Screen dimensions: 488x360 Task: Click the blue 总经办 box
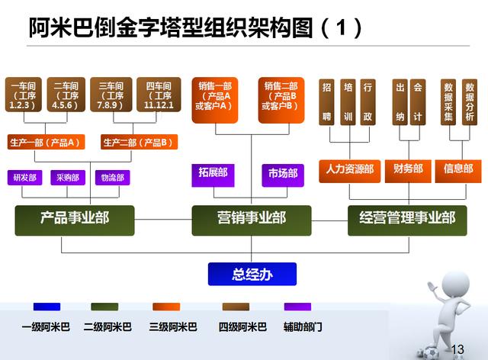(252, 274)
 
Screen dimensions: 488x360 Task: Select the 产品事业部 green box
(75, 220)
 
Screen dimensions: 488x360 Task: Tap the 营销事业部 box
(252, 220)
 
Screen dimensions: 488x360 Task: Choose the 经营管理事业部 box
(407, 220)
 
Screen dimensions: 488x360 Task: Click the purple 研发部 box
(25, 178)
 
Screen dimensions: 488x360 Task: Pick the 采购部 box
(68, 178)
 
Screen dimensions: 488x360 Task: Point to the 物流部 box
(112, 178)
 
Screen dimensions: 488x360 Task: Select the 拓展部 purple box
(213, 175)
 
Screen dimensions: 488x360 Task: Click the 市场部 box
(283, 175)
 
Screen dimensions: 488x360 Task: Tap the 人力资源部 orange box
(349, 171)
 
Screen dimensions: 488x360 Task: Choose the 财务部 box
(408, 171)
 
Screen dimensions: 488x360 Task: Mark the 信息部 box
(458, 171)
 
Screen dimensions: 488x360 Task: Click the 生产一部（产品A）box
(46, 142)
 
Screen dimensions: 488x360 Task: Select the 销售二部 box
(281, 100)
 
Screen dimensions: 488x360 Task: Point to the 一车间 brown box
(24, 95)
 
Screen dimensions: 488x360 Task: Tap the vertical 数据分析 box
(470, 102)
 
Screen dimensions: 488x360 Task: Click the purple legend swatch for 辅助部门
(297, 307)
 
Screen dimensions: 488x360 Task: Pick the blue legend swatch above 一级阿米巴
(47, 307)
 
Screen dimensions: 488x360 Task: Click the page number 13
(457, 349)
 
